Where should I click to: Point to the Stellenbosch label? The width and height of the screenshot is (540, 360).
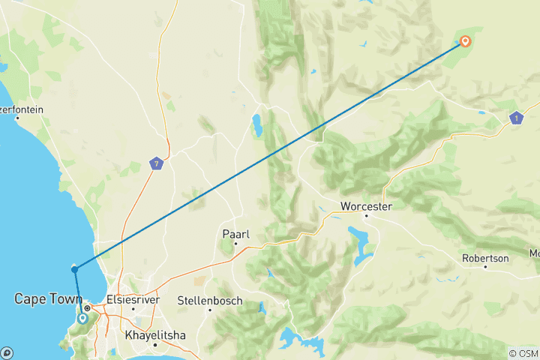209,300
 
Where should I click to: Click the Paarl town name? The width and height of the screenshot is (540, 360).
235,233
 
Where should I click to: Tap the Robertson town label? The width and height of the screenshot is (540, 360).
484,258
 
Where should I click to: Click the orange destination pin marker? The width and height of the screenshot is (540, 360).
465,41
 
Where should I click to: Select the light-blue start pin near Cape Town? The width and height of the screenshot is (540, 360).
82,318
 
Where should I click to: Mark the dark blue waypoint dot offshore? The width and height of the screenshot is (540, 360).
74,268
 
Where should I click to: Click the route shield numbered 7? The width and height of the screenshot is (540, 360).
155,163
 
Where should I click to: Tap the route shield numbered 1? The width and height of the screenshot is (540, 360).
515,118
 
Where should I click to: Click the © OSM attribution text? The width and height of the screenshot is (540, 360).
523,353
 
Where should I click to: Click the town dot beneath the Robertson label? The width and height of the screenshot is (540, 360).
484,268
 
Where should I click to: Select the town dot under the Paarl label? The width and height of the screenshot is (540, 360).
235,243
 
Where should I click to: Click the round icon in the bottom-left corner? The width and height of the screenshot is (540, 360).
7,352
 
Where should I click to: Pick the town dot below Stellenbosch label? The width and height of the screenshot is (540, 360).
209,310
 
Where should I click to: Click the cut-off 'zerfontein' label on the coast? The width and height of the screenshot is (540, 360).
22,109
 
